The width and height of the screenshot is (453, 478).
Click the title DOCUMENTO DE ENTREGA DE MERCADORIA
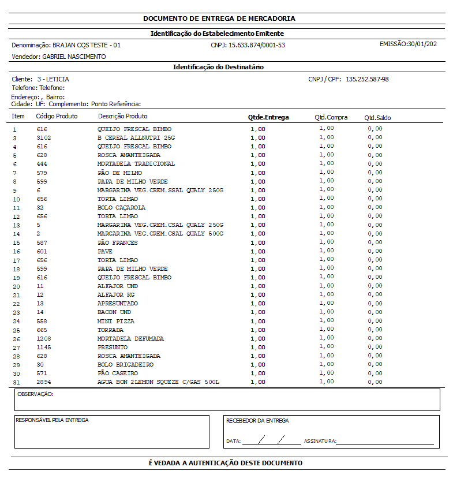tap(219, 18)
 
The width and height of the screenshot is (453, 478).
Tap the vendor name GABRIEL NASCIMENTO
tap(74, 57)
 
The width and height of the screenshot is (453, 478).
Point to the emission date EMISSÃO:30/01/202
tap(408, 44)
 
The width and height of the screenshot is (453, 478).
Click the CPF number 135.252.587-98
tap(367, 79)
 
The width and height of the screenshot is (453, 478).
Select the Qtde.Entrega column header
tap(268, 117)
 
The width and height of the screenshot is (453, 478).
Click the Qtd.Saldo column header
tap(377, 118)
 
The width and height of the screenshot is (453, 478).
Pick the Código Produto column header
tap(57, 117)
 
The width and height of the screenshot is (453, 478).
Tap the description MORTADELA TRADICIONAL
tap(136, 164)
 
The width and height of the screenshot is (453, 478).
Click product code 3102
tap(43, 138)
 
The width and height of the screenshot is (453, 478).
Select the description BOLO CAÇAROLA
tap(121, 208)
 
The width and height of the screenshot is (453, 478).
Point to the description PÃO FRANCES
tap(118, 242)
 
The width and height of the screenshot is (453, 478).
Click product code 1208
tap(43, 339)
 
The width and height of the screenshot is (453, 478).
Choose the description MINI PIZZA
tap(116, 321)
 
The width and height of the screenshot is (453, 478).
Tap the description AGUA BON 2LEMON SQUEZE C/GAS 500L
tap(158, 382)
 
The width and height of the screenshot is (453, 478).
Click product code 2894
tap(43, 382)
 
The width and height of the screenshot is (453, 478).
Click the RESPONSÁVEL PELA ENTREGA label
tap(52, 420)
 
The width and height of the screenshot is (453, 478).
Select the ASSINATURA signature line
tap(385, 442)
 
